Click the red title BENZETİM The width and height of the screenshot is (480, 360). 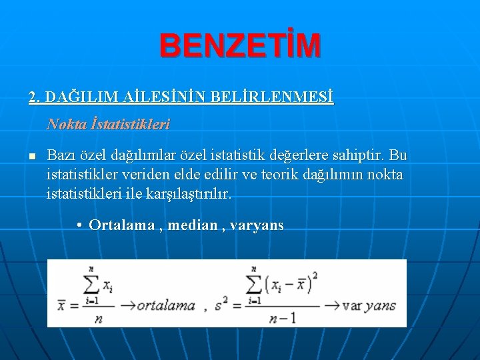tap(240, 46)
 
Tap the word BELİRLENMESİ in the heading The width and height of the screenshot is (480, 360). tap(271, 98)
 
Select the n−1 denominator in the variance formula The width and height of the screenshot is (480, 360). tap(283, 318)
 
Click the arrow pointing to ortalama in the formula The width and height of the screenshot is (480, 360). tap(127, 306)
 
